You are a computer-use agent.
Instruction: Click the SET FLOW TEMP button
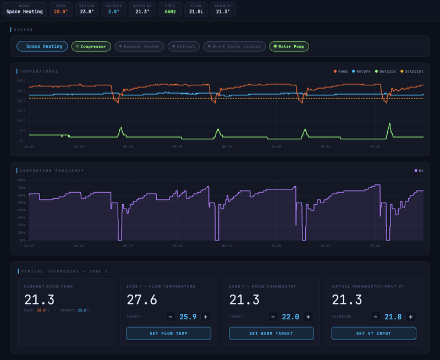click(x=169, y=334)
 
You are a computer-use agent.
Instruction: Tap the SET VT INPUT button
click(x=374, y=334)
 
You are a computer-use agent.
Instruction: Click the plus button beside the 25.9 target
click(x=205, y=317)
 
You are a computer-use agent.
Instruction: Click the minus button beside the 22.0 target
click(x=273, y=317)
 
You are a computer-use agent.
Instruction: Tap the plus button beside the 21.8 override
click(x=411, y=317)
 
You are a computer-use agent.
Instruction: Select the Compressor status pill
click(x=91, y=47)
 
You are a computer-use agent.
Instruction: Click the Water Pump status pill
click(x=289, y=47)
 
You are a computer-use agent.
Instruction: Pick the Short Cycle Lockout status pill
click(x=234, y=47)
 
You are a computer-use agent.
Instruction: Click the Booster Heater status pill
click(x=139, y=47)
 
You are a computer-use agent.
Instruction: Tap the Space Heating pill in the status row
click(x=43, y=47)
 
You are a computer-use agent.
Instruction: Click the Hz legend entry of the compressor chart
click(x=419, y=171)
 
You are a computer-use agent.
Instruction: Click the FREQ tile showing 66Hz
click(x=170, y=8)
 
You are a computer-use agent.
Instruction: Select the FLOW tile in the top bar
click(x=196, y=8)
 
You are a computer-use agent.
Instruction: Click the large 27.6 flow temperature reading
click(x=142, y=299)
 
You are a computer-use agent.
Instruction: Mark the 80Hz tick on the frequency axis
click(x=21, y=180)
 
